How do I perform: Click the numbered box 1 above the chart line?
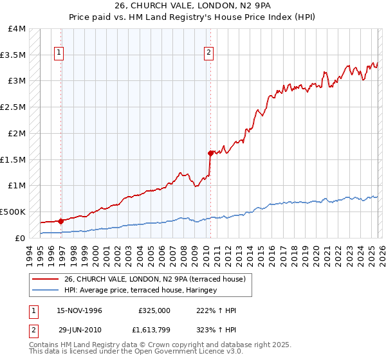59,53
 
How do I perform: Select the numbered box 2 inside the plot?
209,53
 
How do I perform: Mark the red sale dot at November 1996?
60,221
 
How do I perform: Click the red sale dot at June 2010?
210,153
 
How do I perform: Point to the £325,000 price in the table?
154,310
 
